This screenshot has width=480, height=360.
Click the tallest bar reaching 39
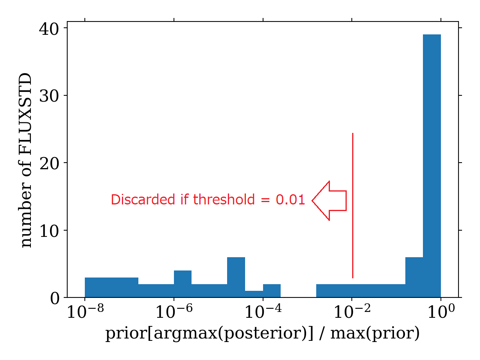pos(432,166)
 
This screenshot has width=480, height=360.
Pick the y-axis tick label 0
pos(54,298)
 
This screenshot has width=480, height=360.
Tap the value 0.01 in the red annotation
pos(290,200)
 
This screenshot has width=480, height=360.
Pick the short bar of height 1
pos(254,294)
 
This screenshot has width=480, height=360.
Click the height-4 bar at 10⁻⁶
pos(183,284)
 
